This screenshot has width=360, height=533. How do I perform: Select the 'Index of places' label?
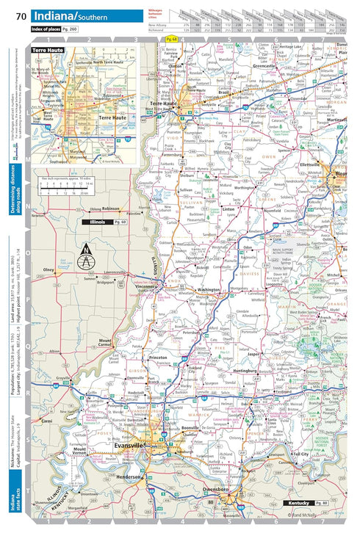[50, 29]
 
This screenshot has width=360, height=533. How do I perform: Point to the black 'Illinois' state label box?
[104, 221]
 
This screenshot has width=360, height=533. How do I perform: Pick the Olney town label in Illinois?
[50, 269]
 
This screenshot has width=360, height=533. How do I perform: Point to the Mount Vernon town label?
[80, 451]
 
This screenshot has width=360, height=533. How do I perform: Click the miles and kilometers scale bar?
[71, 186]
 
